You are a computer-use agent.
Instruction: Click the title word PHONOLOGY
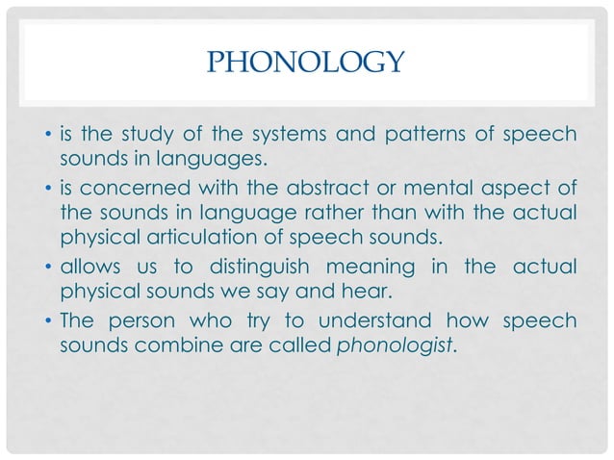click(x=306, y=64)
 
